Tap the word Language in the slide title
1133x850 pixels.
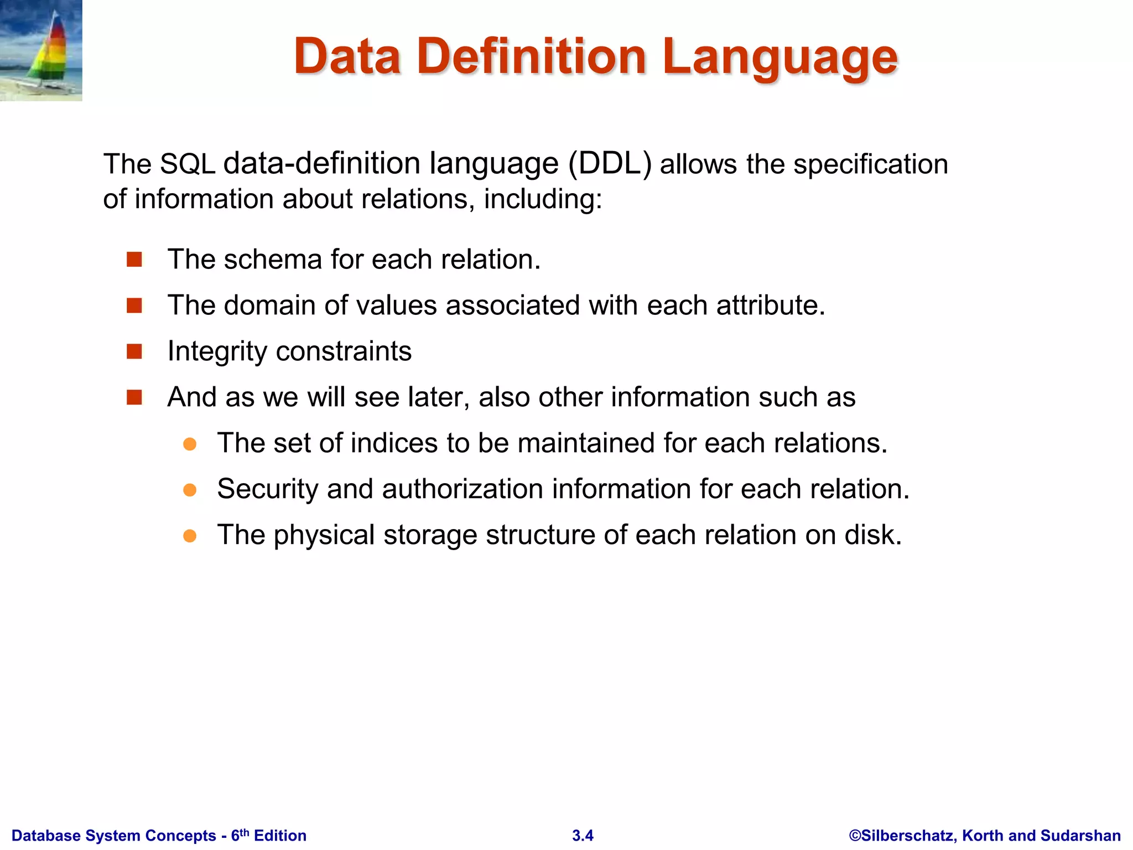779,58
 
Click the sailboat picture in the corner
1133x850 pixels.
41,50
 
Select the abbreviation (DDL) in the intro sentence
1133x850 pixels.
610,164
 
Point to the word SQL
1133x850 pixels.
187,164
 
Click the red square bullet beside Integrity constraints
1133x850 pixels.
134,351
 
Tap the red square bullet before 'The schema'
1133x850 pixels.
134,260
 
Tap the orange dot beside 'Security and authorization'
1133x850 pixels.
190,490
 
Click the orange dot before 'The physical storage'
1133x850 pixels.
190,536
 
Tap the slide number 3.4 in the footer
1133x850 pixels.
583,836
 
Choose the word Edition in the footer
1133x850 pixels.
280,836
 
